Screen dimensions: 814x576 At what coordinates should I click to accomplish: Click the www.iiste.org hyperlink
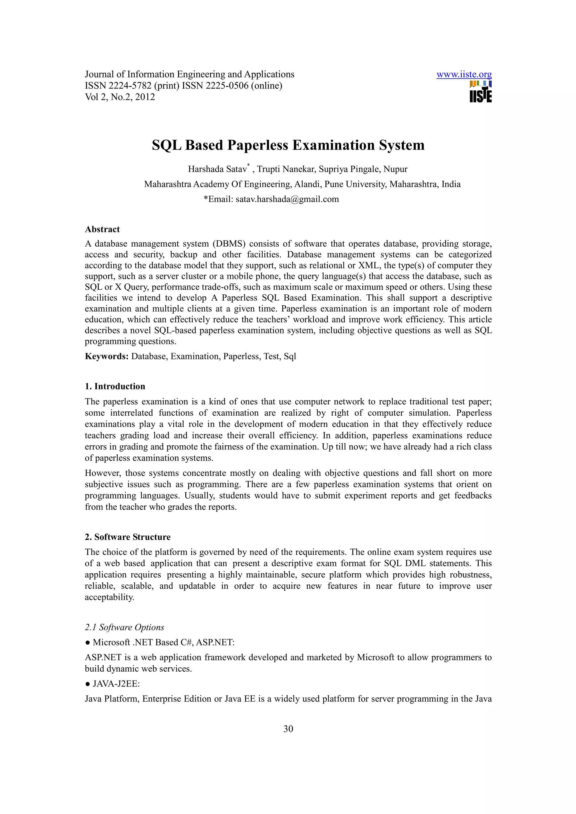tap(464, 74)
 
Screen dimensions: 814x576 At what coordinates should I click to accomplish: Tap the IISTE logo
tap(481, 92)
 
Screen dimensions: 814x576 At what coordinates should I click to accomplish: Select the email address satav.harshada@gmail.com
tap(287, 199)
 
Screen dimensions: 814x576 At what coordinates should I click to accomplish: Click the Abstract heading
tap(102, 229)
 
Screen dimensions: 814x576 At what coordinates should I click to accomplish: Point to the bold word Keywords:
tap(107, 356)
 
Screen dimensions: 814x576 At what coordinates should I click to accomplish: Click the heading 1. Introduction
tap(115, 386)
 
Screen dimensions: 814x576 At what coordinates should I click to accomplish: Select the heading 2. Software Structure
tap(127, 537)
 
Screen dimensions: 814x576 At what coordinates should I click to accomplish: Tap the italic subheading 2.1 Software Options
tap(124, 627)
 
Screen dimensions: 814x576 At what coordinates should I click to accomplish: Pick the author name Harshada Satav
tap(217, 169)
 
